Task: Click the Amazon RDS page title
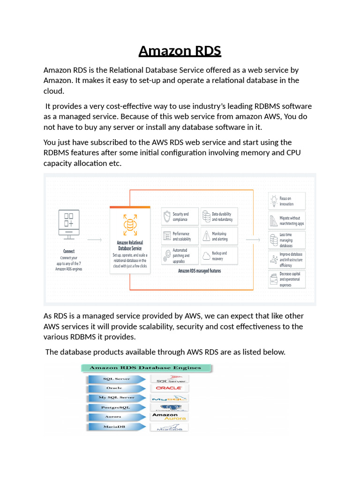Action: click(x=180, y=50)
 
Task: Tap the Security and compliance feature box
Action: click(x=180, y=217)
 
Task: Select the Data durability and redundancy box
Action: click(x=219, y=217)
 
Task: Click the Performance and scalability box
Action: click(x=180, y=236)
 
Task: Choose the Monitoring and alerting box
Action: click(x=219, y=236)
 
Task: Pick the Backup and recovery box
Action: click(x=219, y=256)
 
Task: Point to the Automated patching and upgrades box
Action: click(x=180, y=256)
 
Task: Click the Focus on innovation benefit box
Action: click(x=287, y=201)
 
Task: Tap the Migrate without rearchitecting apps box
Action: click(x=287, y=221)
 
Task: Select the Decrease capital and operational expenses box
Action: click(x=287, y=279)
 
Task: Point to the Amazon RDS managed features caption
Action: click(x=199, y=271)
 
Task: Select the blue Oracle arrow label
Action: click(x=114, y=388)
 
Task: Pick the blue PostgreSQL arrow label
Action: click(x=114, y=408)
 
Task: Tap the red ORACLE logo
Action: click(x=169, y=388)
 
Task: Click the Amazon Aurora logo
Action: click(x=169, y=417)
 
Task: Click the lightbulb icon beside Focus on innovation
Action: click(x=274, y=201)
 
